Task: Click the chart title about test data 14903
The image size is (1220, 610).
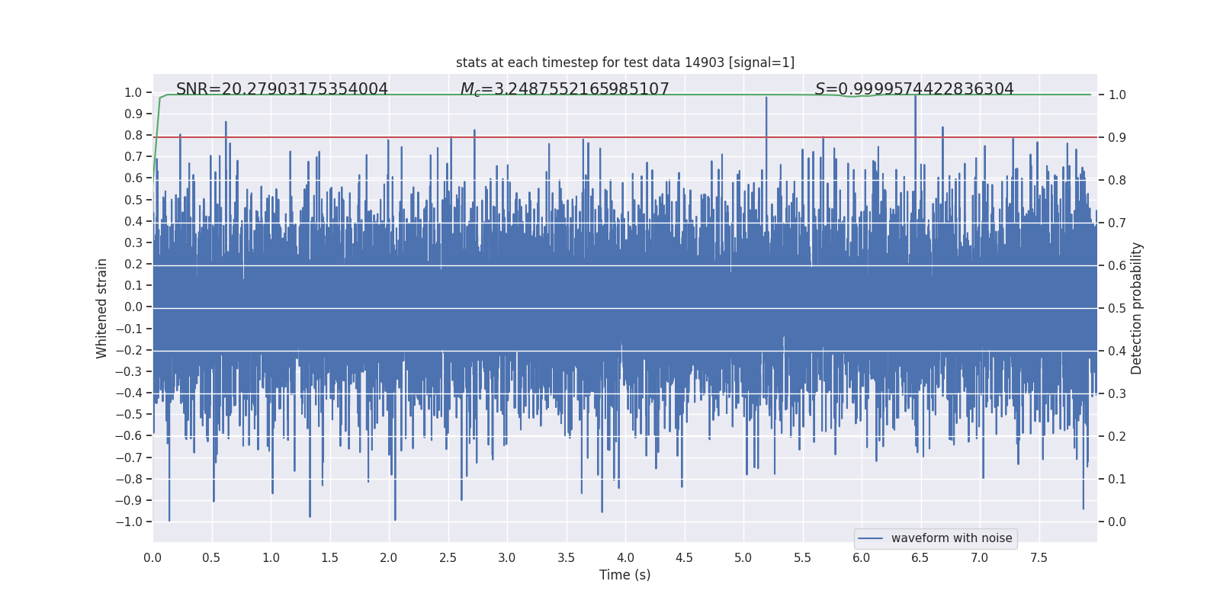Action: point(624,63)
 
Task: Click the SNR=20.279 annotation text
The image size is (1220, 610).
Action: point(282,89)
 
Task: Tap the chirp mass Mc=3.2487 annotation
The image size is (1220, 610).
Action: point(564,89)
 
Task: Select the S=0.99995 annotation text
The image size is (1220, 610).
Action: point(914,89)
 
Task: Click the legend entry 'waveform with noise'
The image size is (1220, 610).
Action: point(951,538)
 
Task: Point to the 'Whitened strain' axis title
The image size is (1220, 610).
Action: point(102,308)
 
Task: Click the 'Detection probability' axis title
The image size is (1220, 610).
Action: point(1137,308)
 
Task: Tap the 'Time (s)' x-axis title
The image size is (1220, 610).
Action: point(624,575)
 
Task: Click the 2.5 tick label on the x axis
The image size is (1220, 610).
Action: point(448,557)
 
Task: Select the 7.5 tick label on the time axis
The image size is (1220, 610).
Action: point(1039,557)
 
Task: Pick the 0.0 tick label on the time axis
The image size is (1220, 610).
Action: point(152,557)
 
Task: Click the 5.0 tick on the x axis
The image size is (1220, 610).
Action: point(743,557)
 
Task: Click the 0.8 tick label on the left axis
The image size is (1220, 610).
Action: point(133,136)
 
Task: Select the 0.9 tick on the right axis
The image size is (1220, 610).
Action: point(1117,138)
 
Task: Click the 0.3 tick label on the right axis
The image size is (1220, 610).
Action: point(1117,394)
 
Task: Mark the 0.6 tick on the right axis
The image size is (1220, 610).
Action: point(1117,266)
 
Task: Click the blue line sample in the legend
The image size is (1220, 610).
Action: point(870,538)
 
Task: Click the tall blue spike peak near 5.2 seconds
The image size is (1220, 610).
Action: point(766,98)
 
